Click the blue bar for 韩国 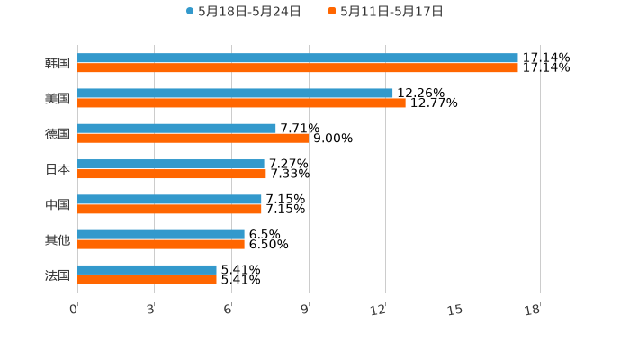297,58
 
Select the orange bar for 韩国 297,67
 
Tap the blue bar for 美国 235,93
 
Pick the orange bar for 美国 241,103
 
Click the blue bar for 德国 176,128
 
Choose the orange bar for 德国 193,138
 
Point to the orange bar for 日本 171,174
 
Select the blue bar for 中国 169,199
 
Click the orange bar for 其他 160,244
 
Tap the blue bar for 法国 147,269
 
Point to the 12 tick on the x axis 379,310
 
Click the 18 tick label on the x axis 533,310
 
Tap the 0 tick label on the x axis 75,310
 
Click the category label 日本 58,169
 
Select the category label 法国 58,275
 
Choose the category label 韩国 58,63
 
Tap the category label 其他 58,239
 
